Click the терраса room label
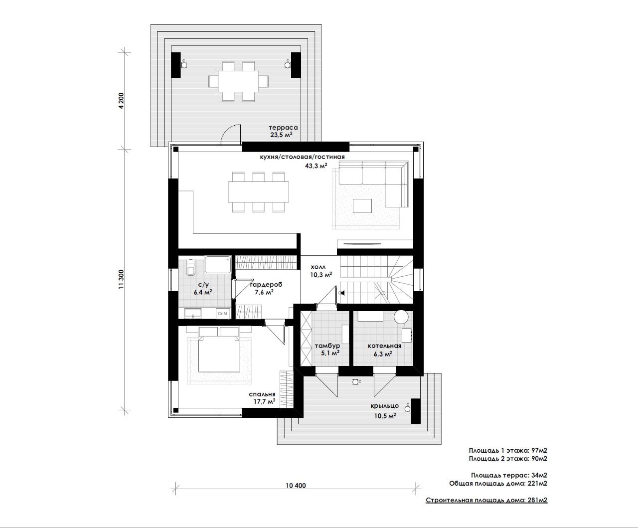coord(283,128)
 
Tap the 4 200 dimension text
coord(122,101)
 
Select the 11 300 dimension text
coord(122,279)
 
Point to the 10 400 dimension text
coord(296,485)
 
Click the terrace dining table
coord(238,81)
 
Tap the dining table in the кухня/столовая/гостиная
coord(259,192)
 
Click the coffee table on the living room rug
coord(362,206)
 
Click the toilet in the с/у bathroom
coord(191,268)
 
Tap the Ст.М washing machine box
coord(223,314)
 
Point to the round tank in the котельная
coord(401,317)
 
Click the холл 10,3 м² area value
coord(321,275)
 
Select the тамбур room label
coord(327,346)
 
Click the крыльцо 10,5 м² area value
coord(385,416)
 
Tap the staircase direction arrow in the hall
coord(343,293)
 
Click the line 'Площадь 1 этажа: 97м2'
coord(508,450)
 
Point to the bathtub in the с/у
coord(218,265)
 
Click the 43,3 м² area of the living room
coord(316,166)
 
